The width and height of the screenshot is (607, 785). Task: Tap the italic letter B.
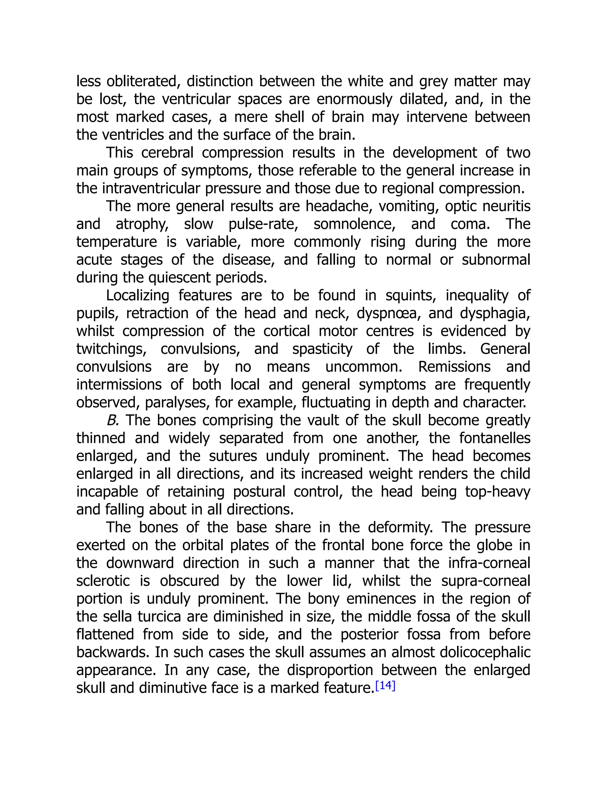coord(113,420)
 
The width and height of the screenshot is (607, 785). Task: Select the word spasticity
coord(322,349)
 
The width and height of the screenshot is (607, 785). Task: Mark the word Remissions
coord(454,367)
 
